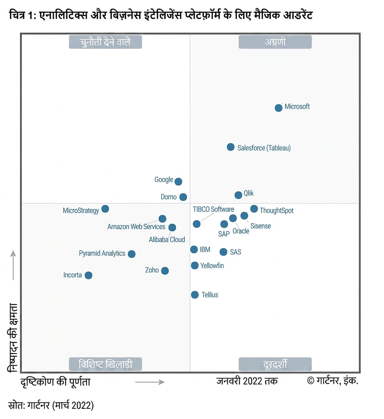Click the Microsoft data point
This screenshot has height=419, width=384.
pos(279,108)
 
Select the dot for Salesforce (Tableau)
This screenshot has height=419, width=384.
pos(230,147)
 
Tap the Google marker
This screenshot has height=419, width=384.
pos(178,182)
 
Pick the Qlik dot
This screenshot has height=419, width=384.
pos(238,195)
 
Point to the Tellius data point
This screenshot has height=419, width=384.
pos(195,295)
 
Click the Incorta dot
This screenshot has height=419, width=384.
pos(88,275)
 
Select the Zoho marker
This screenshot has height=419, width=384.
pos(165,271)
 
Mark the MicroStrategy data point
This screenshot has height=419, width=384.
pos(105,209)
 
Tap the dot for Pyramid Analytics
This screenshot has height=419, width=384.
pos(132,254)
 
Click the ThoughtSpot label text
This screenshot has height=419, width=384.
pos(277,211)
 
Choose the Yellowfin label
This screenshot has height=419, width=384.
pos(212,266)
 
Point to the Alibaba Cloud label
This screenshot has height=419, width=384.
pos(167,239)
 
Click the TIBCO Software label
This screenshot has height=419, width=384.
pos(213,209)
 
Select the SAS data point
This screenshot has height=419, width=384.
pos(223,252)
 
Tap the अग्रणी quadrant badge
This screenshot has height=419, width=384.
pos(275,42)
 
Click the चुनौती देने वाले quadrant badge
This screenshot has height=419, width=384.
pos(105,42)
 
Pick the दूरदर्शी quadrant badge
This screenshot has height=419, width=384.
pos(275,364)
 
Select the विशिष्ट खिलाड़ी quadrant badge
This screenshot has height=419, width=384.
pos(105,364)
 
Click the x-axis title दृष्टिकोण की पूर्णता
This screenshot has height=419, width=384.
pos(55,381)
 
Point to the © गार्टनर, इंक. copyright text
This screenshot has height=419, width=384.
pos(333,380)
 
